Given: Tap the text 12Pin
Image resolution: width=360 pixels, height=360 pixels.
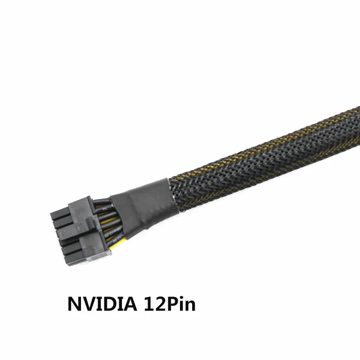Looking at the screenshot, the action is [170, 303].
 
